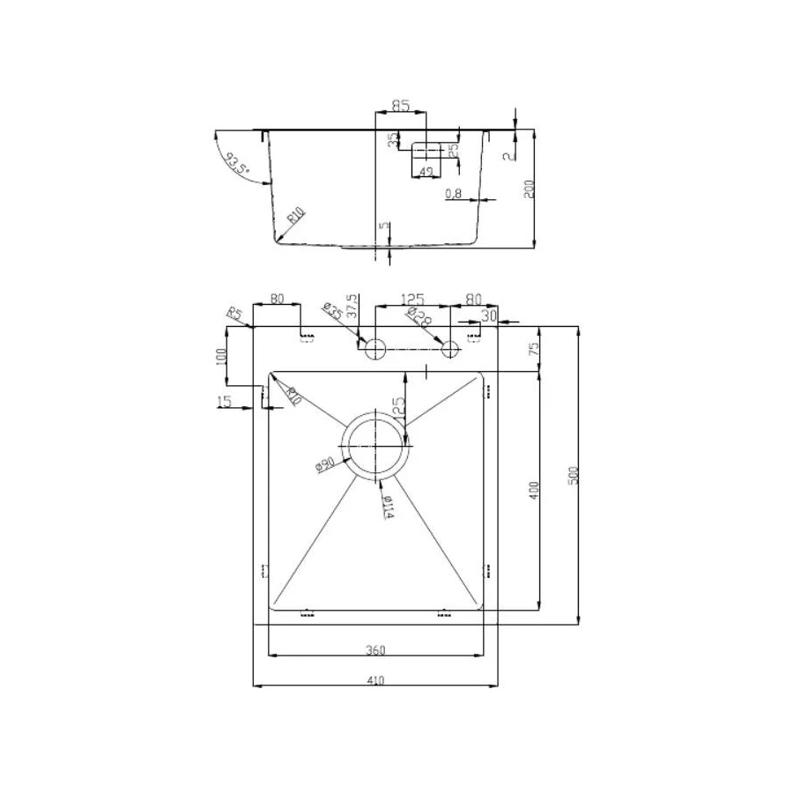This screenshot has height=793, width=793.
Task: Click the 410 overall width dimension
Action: [375, 679]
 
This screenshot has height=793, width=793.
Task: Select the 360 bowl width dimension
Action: [375, 650]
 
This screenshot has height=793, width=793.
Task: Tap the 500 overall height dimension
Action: [574, 477]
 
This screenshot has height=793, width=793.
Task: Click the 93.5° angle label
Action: [236, 164]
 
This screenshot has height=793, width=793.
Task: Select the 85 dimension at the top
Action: [400, 107]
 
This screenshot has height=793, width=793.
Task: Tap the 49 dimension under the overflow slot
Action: [426, 171]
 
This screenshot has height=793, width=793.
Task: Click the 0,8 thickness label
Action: [455, 194]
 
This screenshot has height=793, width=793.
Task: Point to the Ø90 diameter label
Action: [324, 463]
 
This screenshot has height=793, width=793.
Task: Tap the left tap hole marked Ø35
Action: [376, 348]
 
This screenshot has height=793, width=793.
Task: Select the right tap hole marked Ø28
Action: [451, 348]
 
